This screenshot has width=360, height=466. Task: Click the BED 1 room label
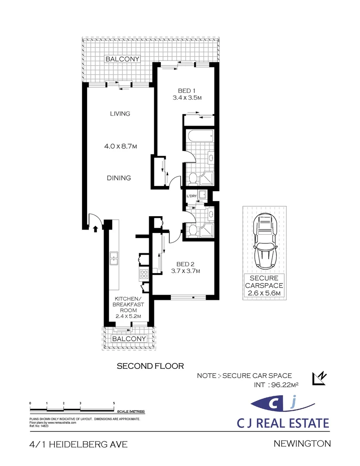coord(187,91)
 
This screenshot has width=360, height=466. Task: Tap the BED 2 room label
coord(185,264)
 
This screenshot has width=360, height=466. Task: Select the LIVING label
coord(120,113)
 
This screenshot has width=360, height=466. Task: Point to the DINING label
coord(119,178)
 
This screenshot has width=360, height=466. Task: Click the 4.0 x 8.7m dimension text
coord(121,146)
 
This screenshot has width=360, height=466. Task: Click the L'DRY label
coord(191,196)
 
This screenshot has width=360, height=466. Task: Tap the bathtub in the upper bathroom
coord(200,136)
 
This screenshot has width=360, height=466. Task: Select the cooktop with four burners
coord(144,274)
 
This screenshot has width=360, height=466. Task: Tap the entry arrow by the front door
coord(95,229)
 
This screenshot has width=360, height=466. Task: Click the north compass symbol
coord(319,379)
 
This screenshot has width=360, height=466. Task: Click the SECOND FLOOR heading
coord(150,366)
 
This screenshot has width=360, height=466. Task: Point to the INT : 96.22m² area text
coord(276,385)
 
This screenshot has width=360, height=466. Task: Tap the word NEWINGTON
coord(302,444)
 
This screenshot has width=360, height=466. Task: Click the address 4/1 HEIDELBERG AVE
coord(79,444)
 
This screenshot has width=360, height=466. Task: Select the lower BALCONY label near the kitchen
coord(129,339)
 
